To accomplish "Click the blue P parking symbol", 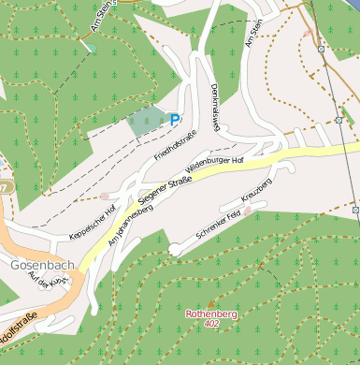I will click(174, 118).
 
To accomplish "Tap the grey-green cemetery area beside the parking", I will click(146, 121).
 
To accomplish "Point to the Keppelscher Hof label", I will click(93, 222).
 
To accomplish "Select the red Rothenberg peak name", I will click(211, 314).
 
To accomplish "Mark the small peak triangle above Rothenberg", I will click(211, 303).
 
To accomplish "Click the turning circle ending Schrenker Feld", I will click(176, 248).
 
